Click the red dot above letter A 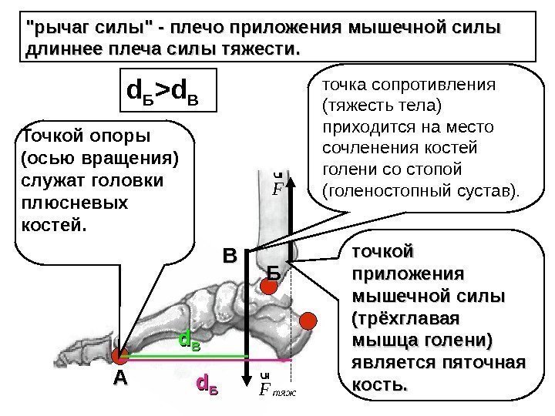pyautogui.click(x=120, y=356)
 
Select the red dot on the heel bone pyautogui.click(x=308, y=320)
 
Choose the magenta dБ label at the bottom pyautogui.click(x=208, y=383)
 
